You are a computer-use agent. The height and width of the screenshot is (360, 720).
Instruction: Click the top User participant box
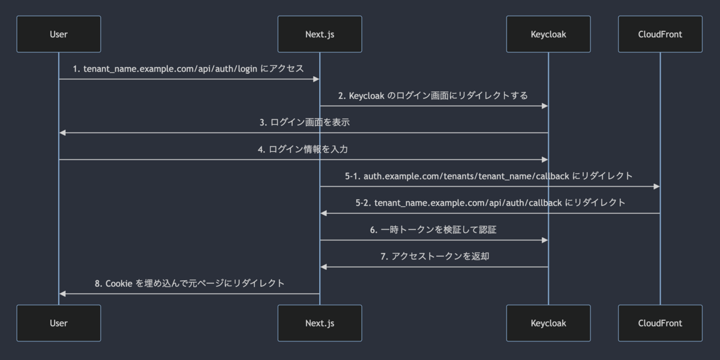[x=59, y=34]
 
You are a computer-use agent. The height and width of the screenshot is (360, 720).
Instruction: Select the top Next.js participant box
[x=320, y=34]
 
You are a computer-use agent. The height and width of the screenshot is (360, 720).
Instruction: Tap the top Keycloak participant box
[x=548, y=34]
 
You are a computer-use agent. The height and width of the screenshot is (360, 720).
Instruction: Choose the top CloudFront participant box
[x=660, y=34]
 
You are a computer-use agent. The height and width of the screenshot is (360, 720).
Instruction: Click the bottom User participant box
[x=59, y=323]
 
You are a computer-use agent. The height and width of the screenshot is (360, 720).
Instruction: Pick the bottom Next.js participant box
[x=320, y=323]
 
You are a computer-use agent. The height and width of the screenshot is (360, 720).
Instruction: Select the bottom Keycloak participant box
[x=548, y=323]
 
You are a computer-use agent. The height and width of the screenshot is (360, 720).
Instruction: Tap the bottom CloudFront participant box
[x=660, y=323]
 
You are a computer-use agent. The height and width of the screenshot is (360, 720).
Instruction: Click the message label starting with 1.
[x=188, y=69]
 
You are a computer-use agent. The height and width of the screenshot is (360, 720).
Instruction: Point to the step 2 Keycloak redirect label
[x=433, y=95]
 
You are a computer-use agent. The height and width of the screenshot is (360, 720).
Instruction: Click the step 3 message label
[x=304, y=122]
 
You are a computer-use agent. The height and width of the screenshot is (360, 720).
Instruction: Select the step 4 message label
[x=303, y=149]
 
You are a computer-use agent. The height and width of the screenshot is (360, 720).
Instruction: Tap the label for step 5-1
[x=489, y=176]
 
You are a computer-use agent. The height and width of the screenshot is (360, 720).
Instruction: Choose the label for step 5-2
[x=490, y=203]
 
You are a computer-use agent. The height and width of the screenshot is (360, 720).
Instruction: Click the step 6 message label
[x=433, y=230]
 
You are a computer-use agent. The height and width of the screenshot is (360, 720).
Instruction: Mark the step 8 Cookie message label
[x=190, y=283]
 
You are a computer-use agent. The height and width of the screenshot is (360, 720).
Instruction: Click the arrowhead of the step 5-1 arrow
[x=657, y=187]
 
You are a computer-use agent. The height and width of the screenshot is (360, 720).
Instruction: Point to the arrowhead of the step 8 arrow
[x=62, y=294]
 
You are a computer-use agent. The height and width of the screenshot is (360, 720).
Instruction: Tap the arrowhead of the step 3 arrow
[x=62, y=133]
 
